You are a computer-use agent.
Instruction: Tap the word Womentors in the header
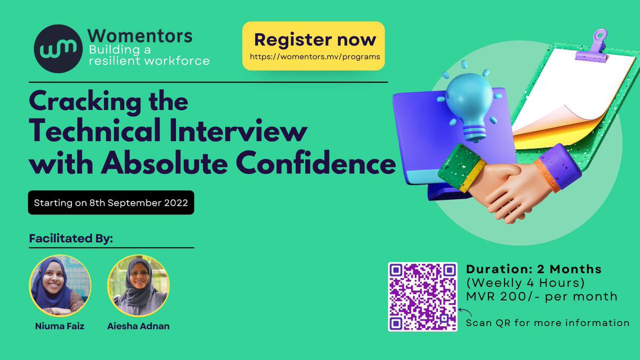point(140,37)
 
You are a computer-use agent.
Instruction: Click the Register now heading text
point(315,39)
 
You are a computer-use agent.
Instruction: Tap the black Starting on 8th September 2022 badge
point(111,203)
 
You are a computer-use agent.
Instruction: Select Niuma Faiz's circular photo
point(60,286)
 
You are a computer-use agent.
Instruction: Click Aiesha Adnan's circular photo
point(138,286)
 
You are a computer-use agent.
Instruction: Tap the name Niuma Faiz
point(60,325)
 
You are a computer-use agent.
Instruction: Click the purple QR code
point(422,297)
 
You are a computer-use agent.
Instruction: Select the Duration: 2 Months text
point(533,269)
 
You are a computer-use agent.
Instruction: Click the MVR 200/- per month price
point(541,297)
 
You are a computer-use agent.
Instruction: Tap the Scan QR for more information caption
point(548,323)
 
